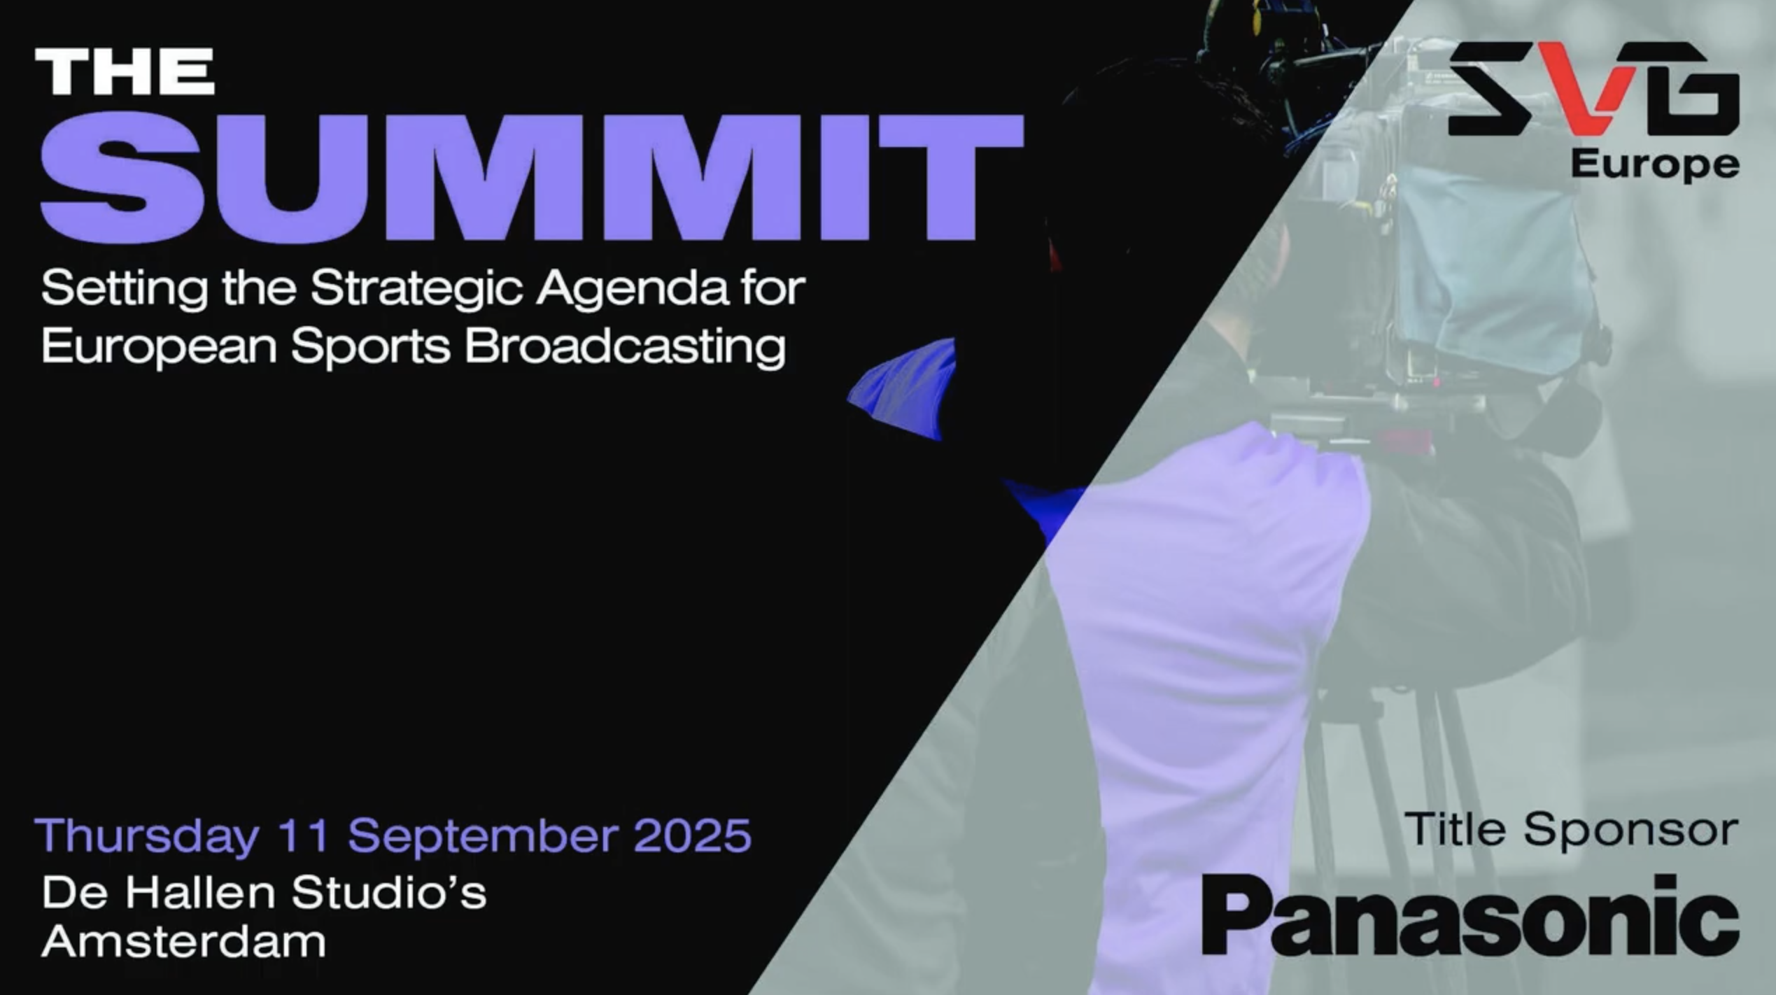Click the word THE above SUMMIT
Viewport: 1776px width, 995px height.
click(x=125, y=71)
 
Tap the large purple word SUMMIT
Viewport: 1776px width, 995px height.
click(x=532, y=178)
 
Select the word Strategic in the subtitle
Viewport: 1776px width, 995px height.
click(x=416, y=288)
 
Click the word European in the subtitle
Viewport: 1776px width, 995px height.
click(x=159, y=346)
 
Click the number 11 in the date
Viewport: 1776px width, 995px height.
click(x=304, y=835)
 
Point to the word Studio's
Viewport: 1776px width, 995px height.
click(x=388, y=893)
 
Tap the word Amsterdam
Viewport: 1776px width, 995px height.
click(x=184, y=942)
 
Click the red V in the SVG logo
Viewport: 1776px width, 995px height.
click(x=1588, y=87)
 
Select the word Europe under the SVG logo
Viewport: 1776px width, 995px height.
click(x=1655, y=166)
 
